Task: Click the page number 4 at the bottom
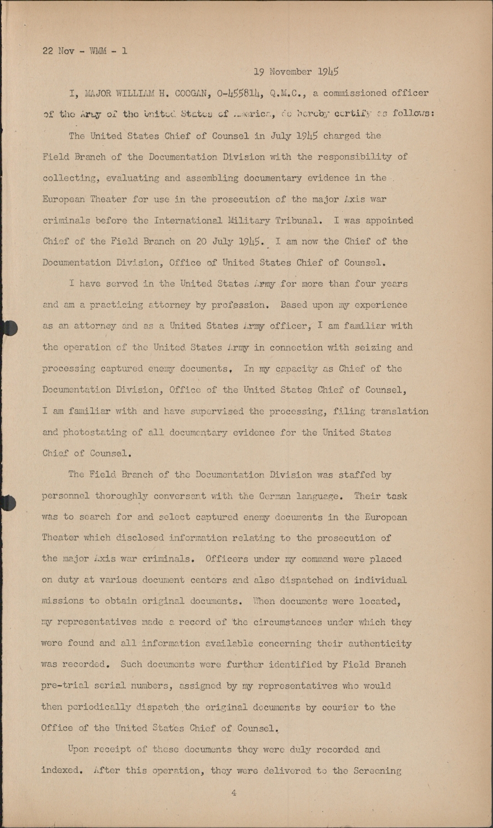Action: (234, 793)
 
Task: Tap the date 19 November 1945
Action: (296, 72)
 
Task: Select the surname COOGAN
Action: (185, 93)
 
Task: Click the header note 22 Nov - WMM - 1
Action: (84, 51)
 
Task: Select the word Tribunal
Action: (298, 220)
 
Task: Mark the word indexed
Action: (61, 771)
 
